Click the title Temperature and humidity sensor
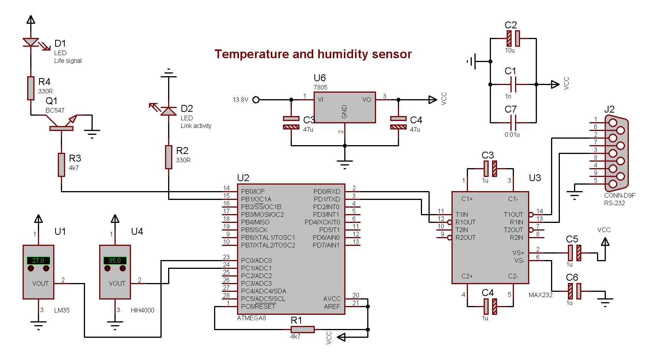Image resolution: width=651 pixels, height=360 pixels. (313, 54)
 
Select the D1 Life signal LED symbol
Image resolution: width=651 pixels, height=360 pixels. (31, 42)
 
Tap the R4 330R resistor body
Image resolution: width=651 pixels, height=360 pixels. (31, 88)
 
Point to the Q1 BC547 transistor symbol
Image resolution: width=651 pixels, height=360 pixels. (61, 124)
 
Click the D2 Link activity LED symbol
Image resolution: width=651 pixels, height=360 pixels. (168, 111)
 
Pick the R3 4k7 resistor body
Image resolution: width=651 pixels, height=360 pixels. (61, 165)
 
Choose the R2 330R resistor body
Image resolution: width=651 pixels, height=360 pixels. (168, 157)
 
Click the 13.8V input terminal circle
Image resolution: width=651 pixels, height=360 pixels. (256, 100)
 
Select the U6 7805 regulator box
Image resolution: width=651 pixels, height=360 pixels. (345, 107)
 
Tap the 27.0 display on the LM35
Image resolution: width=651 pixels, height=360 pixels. (38, 260)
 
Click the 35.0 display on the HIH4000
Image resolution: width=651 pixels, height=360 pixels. (115, 260)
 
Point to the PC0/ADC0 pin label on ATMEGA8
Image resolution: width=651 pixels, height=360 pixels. (256, 260)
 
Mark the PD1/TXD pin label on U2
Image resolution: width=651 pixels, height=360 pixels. (327, 199)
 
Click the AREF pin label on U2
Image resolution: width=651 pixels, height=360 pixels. (332, 306)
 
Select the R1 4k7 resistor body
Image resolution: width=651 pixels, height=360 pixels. (303, 329)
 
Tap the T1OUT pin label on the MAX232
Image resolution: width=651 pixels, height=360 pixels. (513, 214)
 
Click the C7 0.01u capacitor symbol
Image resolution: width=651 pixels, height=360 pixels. (513, 123)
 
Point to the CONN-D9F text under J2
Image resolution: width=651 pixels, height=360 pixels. (620, 195)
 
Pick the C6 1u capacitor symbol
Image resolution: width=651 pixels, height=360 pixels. (574, 291)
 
